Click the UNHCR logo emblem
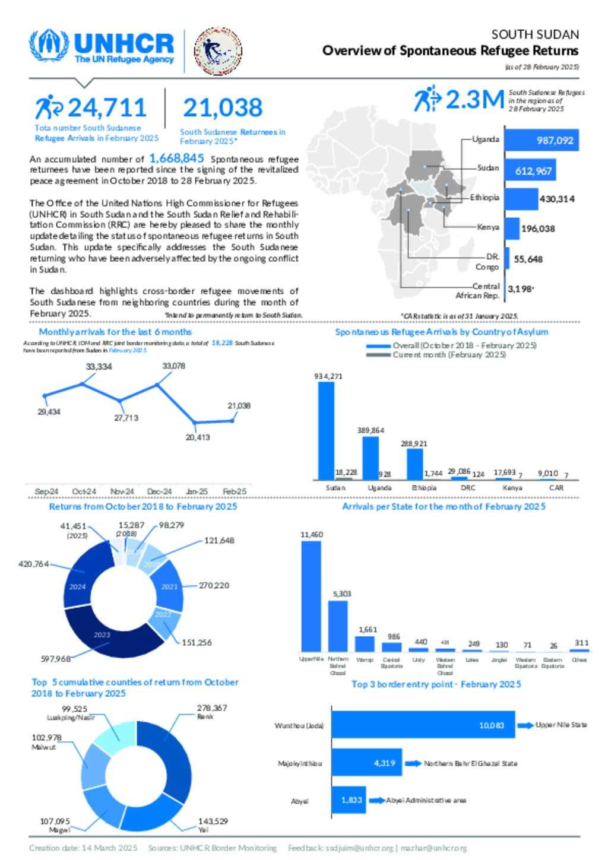click(49, 45)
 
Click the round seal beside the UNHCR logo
click(218, 51)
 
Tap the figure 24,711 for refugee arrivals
click(107, 107)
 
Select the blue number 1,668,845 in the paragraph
click(176, 158)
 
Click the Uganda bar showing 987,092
click(541, 141)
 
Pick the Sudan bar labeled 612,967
click(530, 171)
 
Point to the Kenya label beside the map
click(488, 227)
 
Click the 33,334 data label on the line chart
click(99, 367)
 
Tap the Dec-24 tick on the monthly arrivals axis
click(159, 491)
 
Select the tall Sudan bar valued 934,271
click(326, 430)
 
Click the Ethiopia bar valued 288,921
click(414, 464)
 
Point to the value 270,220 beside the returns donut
click(214, 585)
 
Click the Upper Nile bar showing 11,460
click(311, 596)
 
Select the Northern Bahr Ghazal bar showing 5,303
click(338, 626)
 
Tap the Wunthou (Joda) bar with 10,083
click(423, 725)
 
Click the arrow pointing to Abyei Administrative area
click(376, 800)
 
